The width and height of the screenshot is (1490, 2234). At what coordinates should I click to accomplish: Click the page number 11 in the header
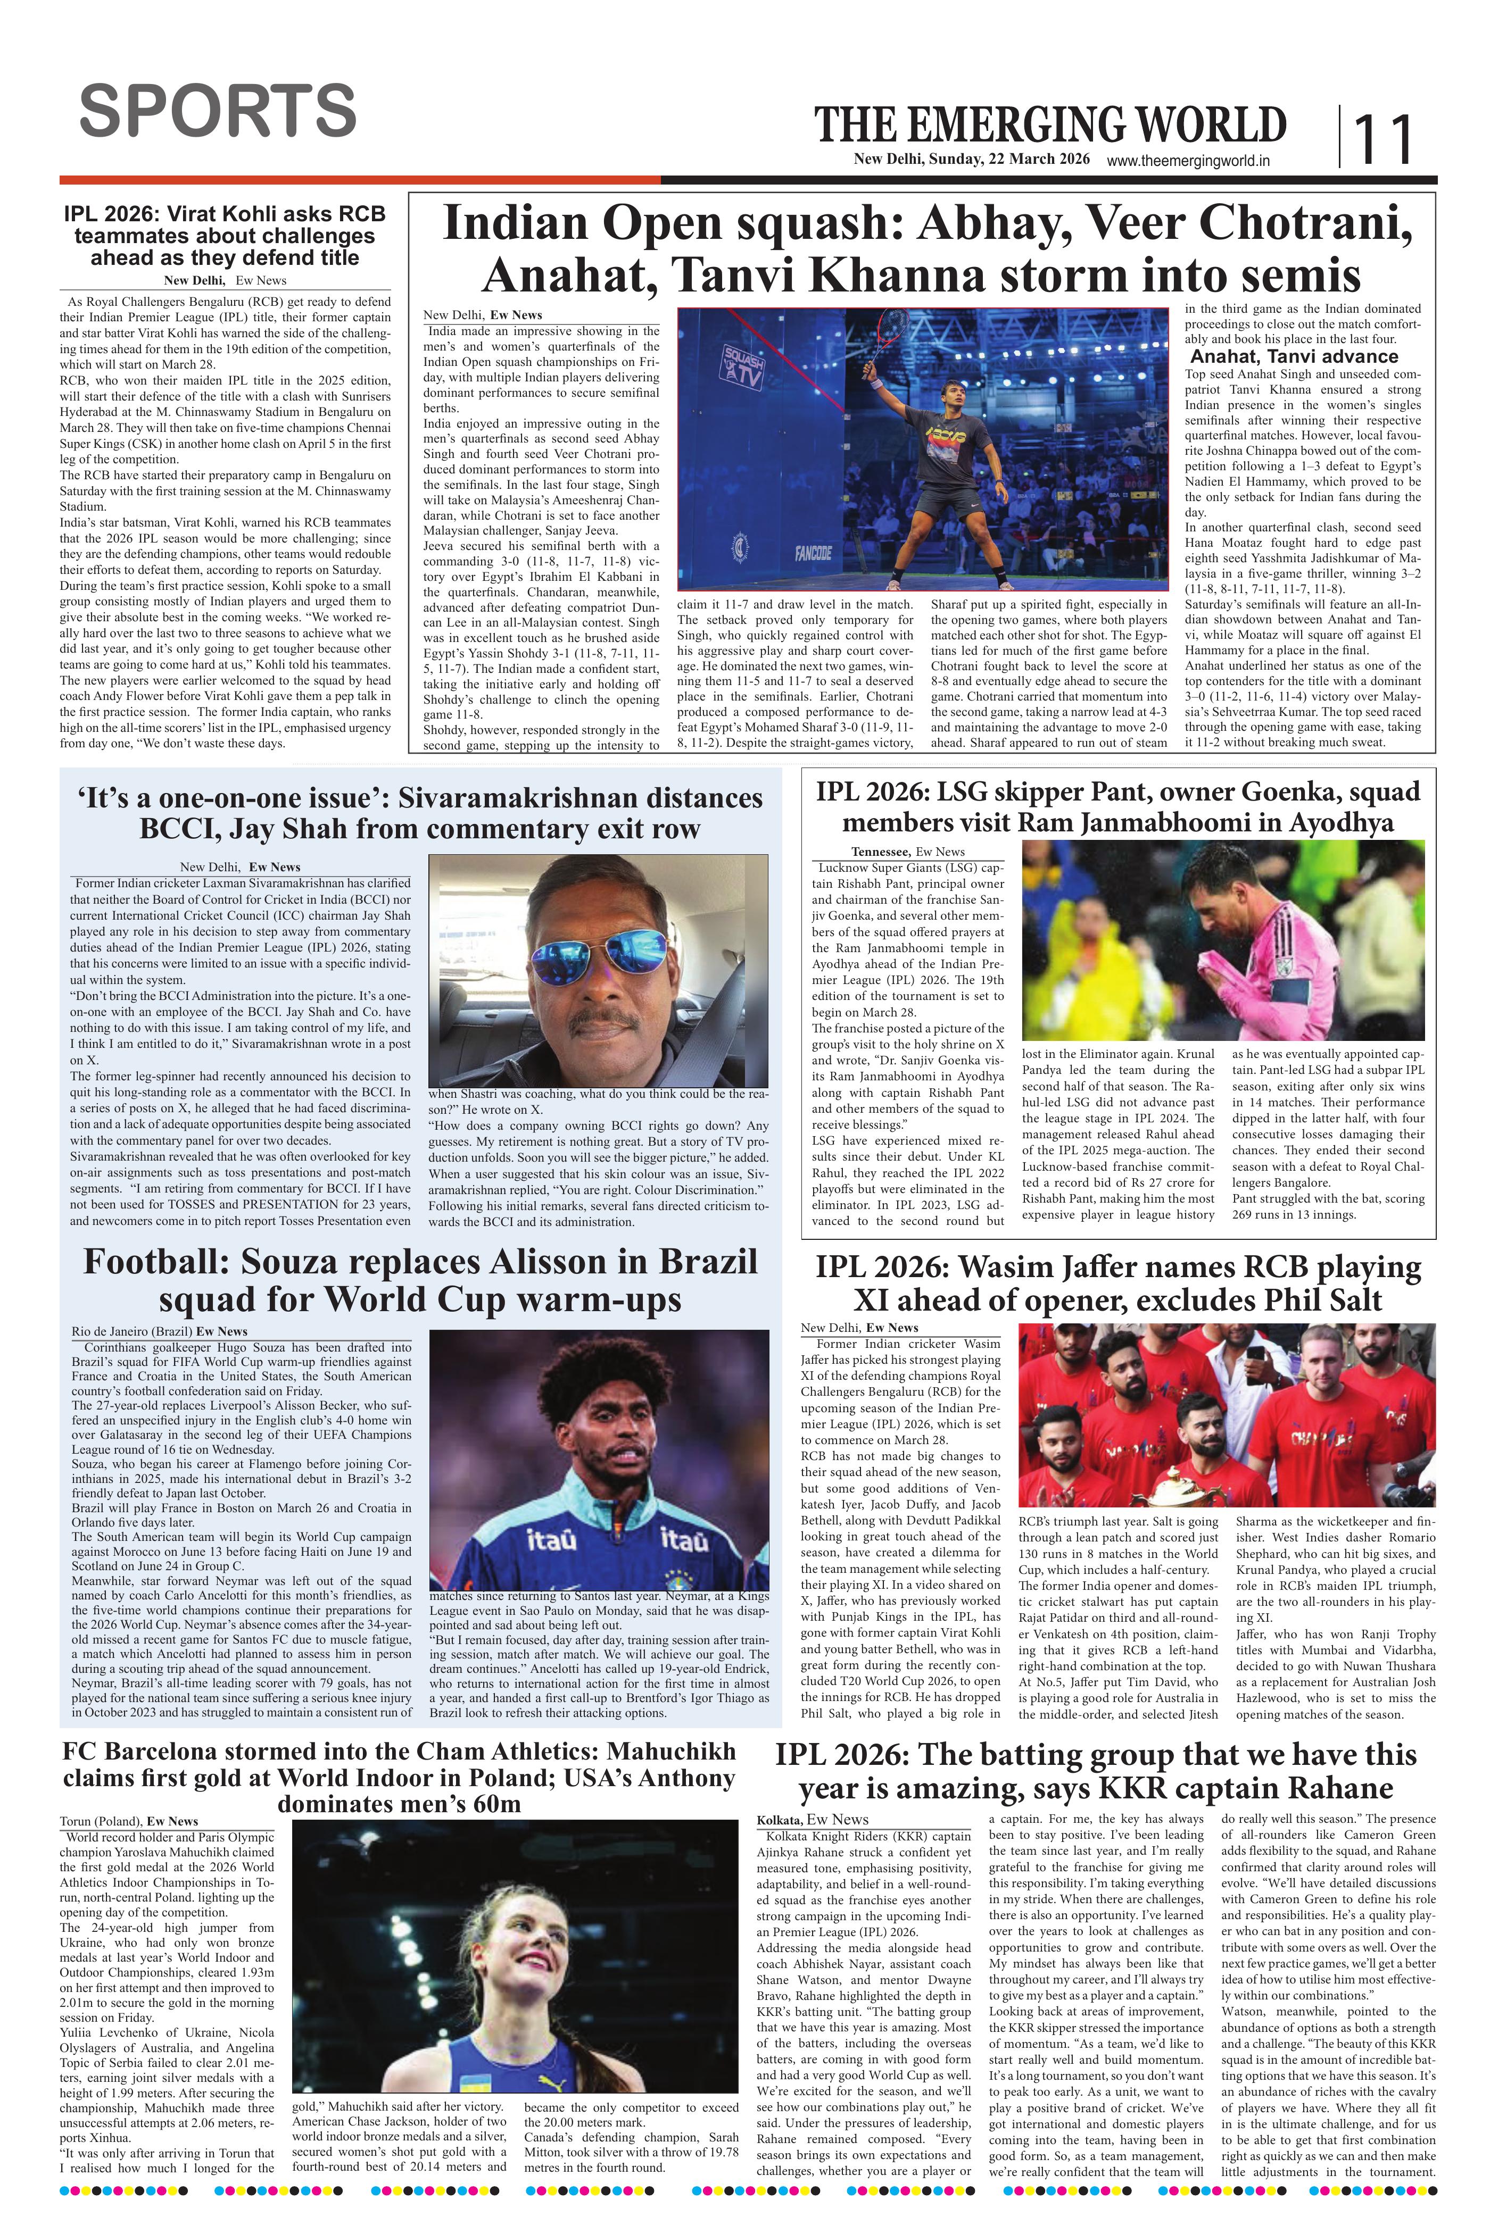coord(1383,139)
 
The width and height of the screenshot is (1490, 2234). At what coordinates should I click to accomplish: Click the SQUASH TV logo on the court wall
coord(743,364)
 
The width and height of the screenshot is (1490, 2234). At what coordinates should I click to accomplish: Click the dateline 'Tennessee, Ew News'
coord(907,851)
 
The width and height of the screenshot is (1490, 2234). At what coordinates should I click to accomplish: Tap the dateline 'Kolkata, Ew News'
coord(813,1819)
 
